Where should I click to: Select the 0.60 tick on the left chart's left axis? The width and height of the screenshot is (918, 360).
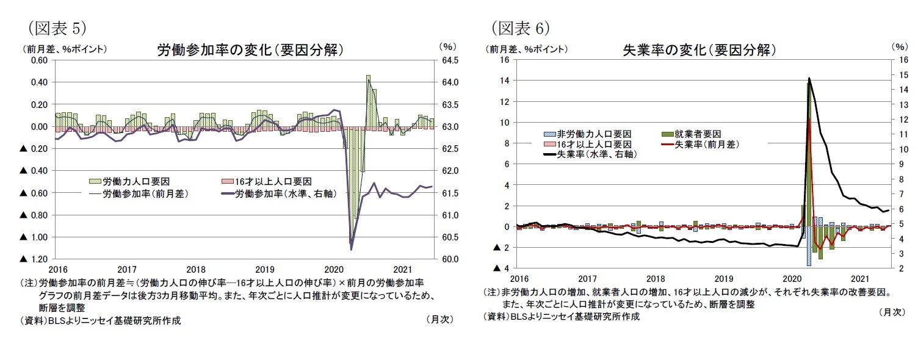38,60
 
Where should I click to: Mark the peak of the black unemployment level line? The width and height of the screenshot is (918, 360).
809,78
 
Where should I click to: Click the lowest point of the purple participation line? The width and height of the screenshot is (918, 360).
352,250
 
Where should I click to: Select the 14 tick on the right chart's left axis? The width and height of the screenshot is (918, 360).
504,81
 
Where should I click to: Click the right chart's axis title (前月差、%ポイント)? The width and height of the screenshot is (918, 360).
527,49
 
